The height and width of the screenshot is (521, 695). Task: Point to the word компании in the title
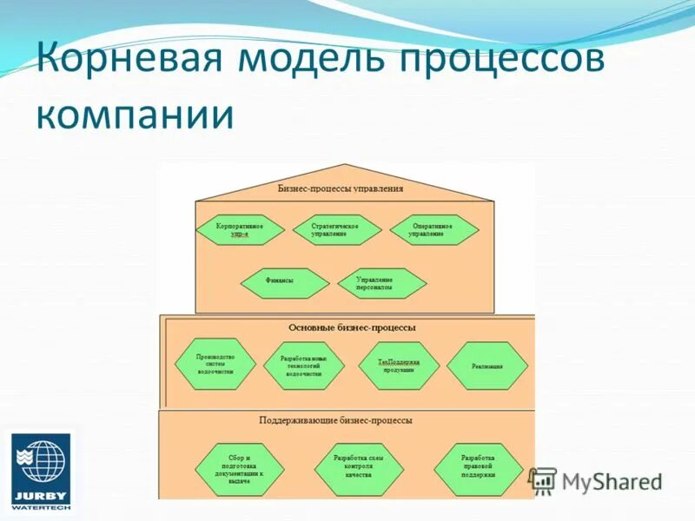(136, 114)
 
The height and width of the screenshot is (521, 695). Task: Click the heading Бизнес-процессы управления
(341, 188)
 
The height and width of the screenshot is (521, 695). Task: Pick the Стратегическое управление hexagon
(334, 230)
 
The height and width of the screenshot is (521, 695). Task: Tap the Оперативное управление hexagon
(434, 230)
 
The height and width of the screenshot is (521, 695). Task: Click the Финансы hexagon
(284, 281)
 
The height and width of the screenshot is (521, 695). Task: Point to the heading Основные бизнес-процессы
(352, 327)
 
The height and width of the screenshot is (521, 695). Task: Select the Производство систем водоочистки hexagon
(215, 365)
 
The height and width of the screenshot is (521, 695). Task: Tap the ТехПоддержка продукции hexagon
(399, 366)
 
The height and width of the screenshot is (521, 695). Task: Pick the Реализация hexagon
(487, 366)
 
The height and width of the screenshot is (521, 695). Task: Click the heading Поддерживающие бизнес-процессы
(335, 420)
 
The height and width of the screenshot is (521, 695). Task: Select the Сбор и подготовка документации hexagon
(239, 469)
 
